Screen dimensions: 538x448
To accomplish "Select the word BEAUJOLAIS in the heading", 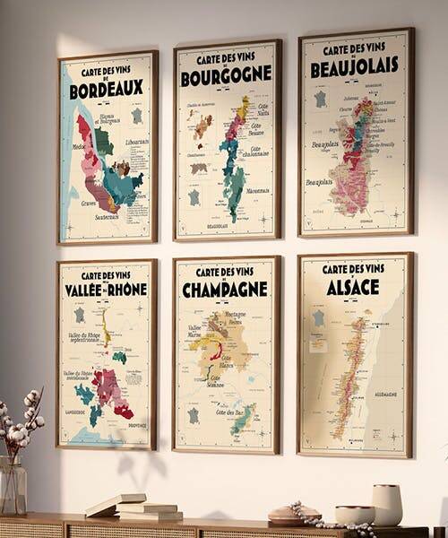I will [355, 67].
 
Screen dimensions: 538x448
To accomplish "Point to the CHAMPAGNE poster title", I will [225, 289].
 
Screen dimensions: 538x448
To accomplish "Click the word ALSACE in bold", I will [353, 287].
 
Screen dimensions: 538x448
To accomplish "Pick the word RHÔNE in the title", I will [127, 291].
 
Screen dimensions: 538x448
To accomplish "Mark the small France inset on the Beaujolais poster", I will [320, 99].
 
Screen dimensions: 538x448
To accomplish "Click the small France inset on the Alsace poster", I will [318, 318].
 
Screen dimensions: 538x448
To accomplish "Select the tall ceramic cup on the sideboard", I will [386, 504].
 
